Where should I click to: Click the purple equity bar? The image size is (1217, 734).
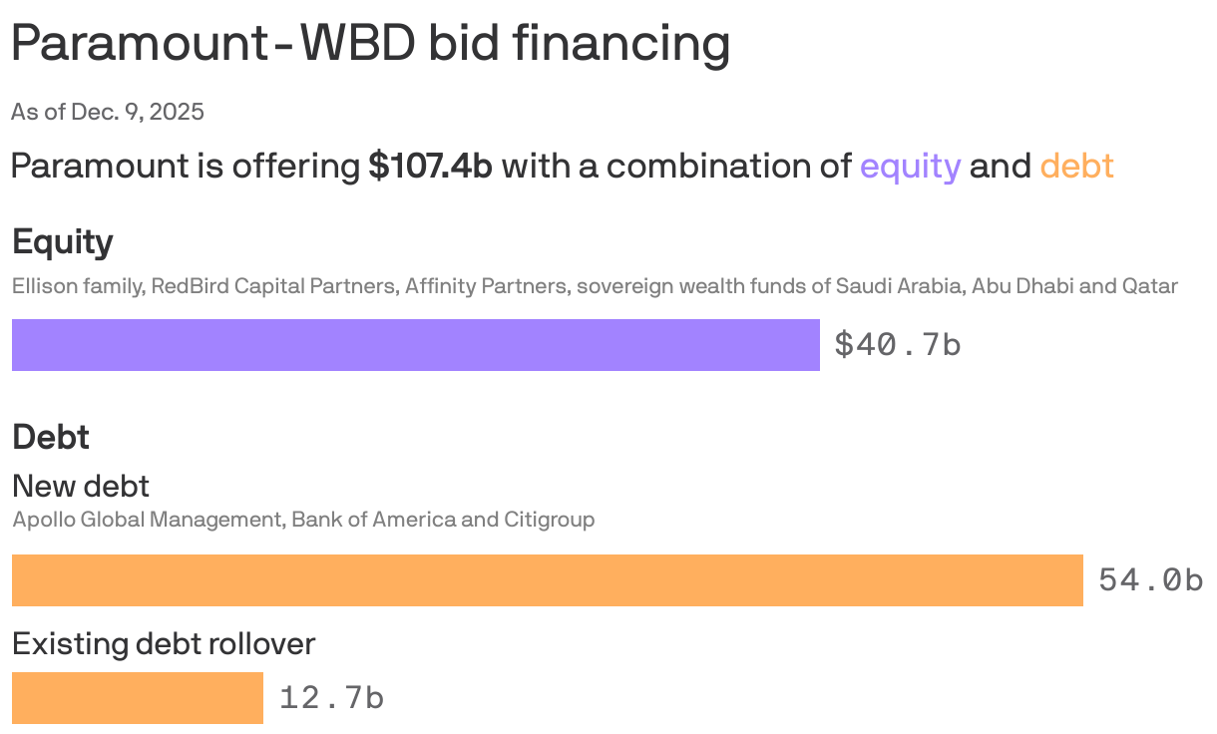[x=415, y=345]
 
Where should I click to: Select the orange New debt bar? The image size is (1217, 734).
[x=547, y=580]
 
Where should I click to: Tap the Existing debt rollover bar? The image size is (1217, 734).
[x=138, y=698]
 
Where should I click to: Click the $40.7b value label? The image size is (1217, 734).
[x=897, y=345]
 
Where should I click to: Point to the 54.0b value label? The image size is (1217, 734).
[x=1150, y=580]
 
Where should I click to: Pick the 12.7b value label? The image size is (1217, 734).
[x=331, y=698]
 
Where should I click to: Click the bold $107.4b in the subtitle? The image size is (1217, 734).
[x=430, y=166]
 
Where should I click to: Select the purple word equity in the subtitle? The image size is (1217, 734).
[x=910, y=166]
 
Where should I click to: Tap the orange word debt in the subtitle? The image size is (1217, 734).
[x=1076, y=166]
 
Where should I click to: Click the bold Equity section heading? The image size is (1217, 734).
[x=62, y=242]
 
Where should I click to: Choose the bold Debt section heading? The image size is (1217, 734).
[x=50, y=437]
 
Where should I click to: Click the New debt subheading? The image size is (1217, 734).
[x=80, y=486]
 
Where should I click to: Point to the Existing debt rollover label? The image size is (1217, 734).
[x=164, y=644]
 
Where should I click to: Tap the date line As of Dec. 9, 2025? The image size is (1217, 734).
[x=108, y=112]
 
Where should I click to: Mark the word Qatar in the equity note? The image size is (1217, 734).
[x=1150, y=287]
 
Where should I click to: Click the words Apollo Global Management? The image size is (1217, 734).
[x=146, y=520]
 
